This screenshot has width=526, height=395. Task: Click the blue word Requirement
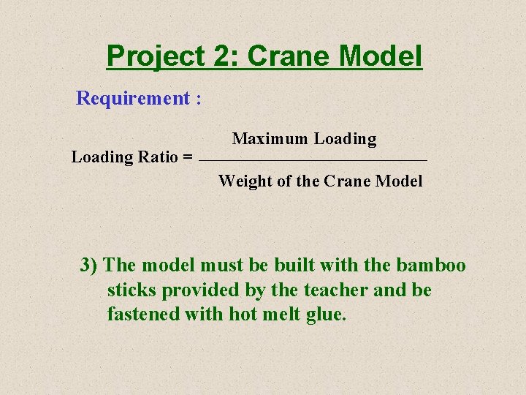click(133, 98)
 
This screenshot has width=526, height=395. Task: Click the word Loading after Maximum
click(346, 139)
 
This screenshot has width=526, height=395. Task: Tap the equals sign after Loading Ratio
click(188, 157)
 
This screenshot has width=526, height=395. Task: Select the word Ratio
click(159, 157)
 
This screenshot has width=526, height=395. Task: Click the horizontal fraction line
click(313, 159)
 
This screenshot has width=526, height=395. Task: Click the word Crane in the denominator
click(347, 181)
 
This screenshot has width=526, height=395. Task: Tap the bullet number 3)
click(90, 265)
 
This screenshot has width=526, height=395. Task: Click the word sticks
click(131, 290)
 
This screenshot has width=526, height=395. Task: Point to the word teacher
click(336, 290)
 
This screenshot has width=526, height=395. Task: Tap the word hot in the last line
click(243, 315)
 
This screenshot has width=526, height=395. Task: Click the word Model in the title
click(385, 56)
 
